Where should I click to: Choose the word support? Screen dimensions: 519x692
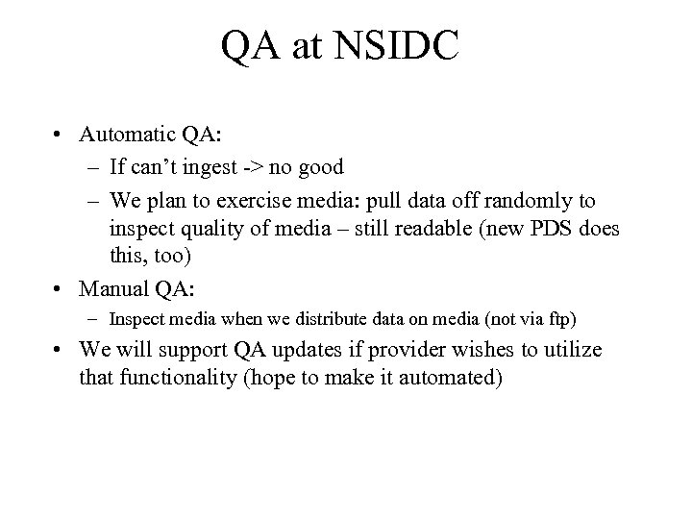tap(194, 350)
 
